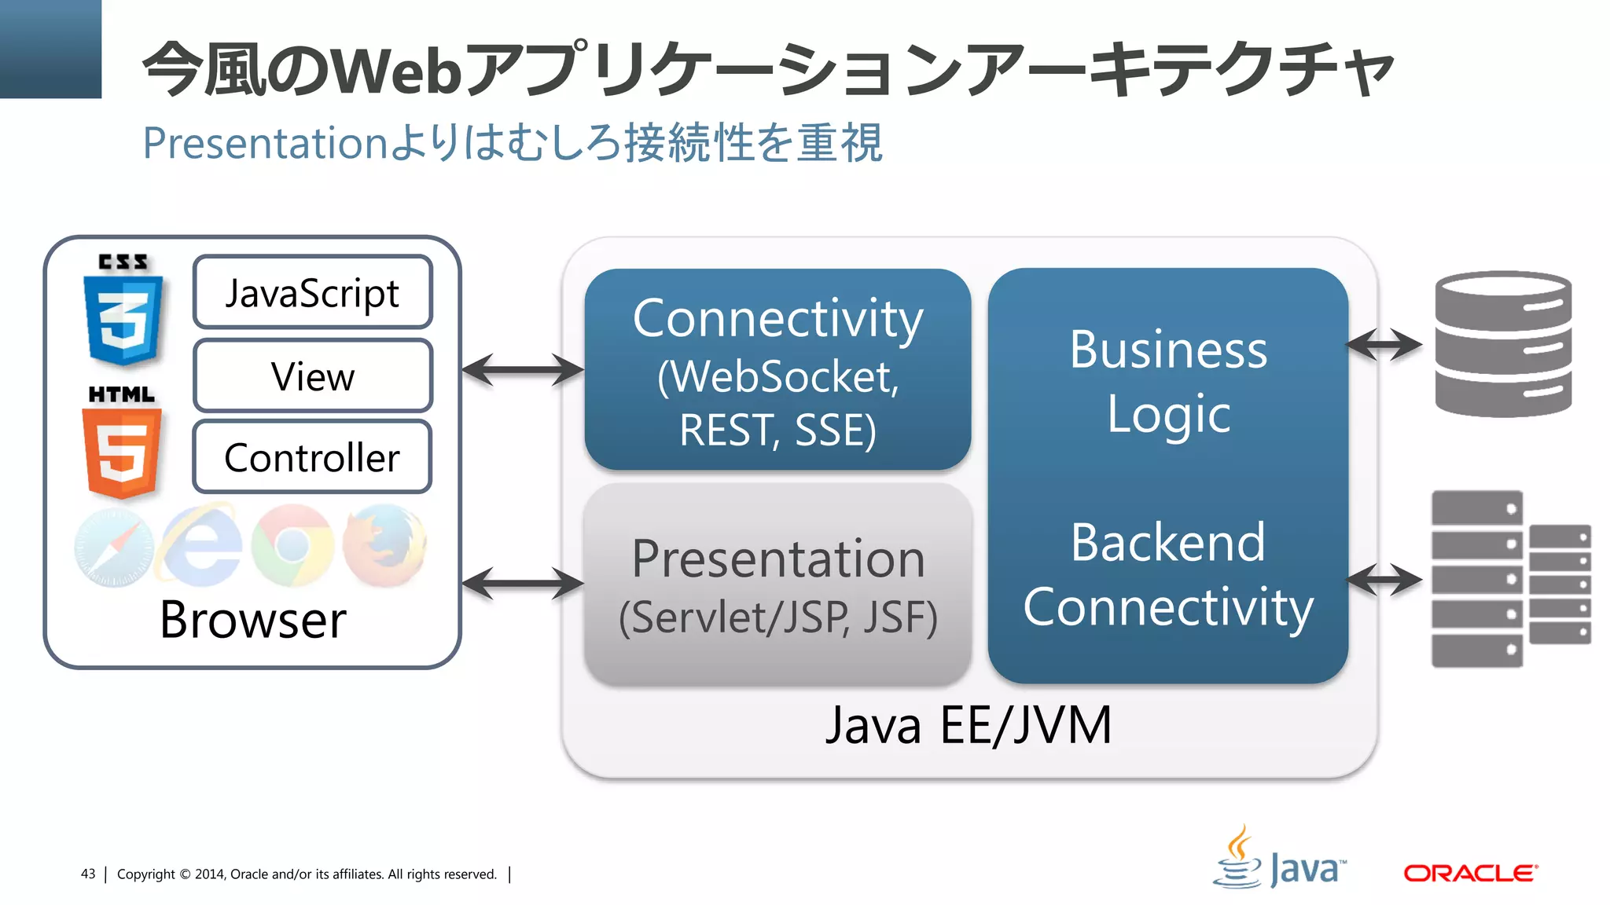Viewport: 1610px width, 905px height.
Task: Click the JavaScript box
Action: pos(312,292)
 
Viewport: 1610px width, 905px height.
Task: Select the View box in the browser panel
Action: pos(312,376)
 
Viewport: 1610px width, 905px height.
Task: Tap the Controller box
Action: pos(312,457)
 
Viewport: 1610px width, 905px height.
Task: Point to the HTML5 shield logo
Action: pos(122,449)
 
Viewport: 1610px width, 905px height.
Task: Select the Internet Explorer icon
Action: pos(202,546)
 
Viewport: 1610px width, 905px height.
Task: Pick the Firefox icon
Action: pos(384,544)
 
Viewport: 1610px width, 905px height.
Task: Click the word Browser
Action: pos(252,620)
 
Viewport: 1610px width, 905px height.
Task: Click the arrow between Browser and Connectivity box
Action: pos(523,369)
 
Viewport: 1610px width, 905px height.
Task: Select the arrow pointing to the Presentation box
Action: pos(523,583)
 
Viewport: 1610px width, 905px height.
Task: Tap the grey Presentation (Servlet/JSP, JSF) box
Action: pos(777,584)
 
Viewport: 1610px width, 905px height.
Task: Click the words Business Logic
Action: pos(1168,382)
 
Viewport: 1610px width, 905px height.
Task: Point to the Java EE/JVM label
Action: pos(969,725)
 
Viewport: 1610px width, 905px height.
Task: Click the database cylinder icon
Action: pos(1502,343)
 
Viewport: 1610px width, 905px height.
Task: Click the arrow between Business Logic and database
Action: pos(1384,344)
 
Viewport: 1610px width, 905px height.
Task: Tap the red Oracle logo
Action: pos(1470,874)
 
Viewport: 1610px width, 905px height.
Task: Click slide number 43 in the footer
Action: pos(88,874)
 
